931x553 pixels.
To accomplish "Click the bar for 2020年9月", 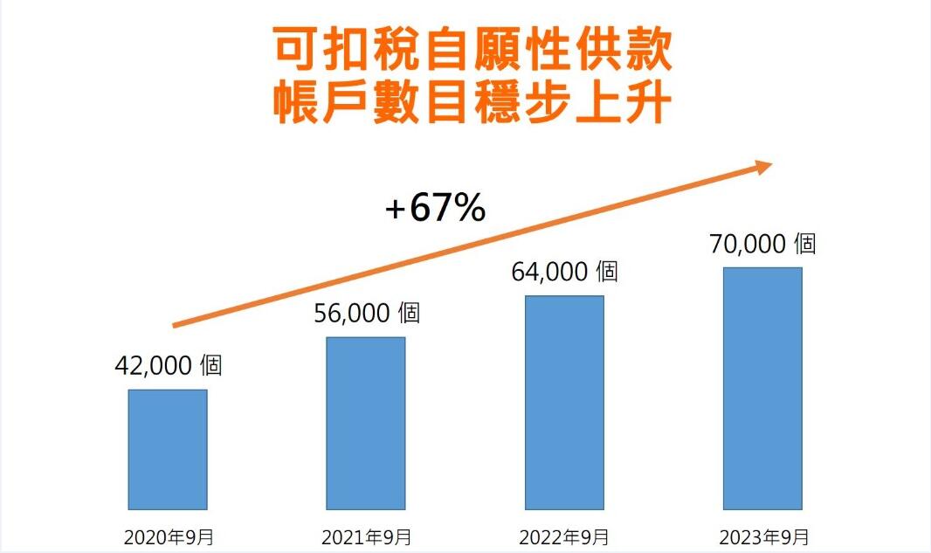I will click(x=168, y=449).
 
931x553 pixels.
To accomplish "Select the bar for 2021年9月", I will click(x=366, y=423).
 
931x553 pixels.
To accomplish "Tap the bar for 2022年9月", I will click(x=564, y=402).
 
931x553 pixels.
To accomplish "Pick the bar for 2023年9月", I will click(x=762, y=388).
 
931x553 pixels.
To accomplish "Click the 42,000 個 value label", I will click(x=169, y=365).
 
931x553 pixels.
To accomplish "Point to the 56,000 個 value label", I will click(x=367, y=313).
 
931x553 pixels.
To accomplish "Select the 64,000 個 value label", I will click(x=564, y=272).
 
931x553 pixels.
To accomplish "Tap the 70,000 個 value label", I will click(x=762, y=244).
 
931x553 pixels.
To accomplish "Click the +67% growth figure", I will click(x=435, y=209).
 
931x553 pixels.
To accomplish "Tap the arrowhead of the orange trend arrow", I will click(x=762, y=166).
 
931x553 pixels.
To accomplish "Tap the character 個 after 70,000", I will click(x=803, y=244).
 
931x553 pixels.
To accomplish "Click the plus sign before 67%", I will click(x=397, y=211).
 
